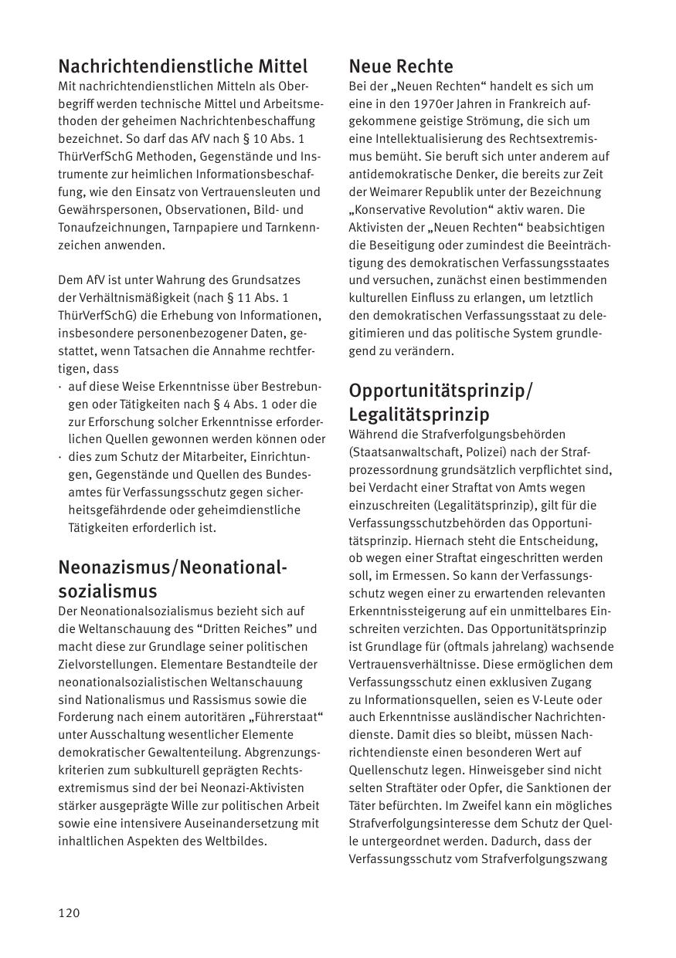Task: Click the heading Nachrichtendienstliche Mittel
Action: (182, 66)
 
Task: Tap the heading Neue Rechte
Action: (401, 66)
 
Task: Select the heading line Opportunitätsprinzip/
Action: (440, 391)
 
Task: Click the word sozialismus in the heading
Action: (107, 591)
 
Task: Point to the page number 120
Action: (69, 913)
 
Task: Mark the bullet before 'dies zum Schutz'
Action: (61, 457)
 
